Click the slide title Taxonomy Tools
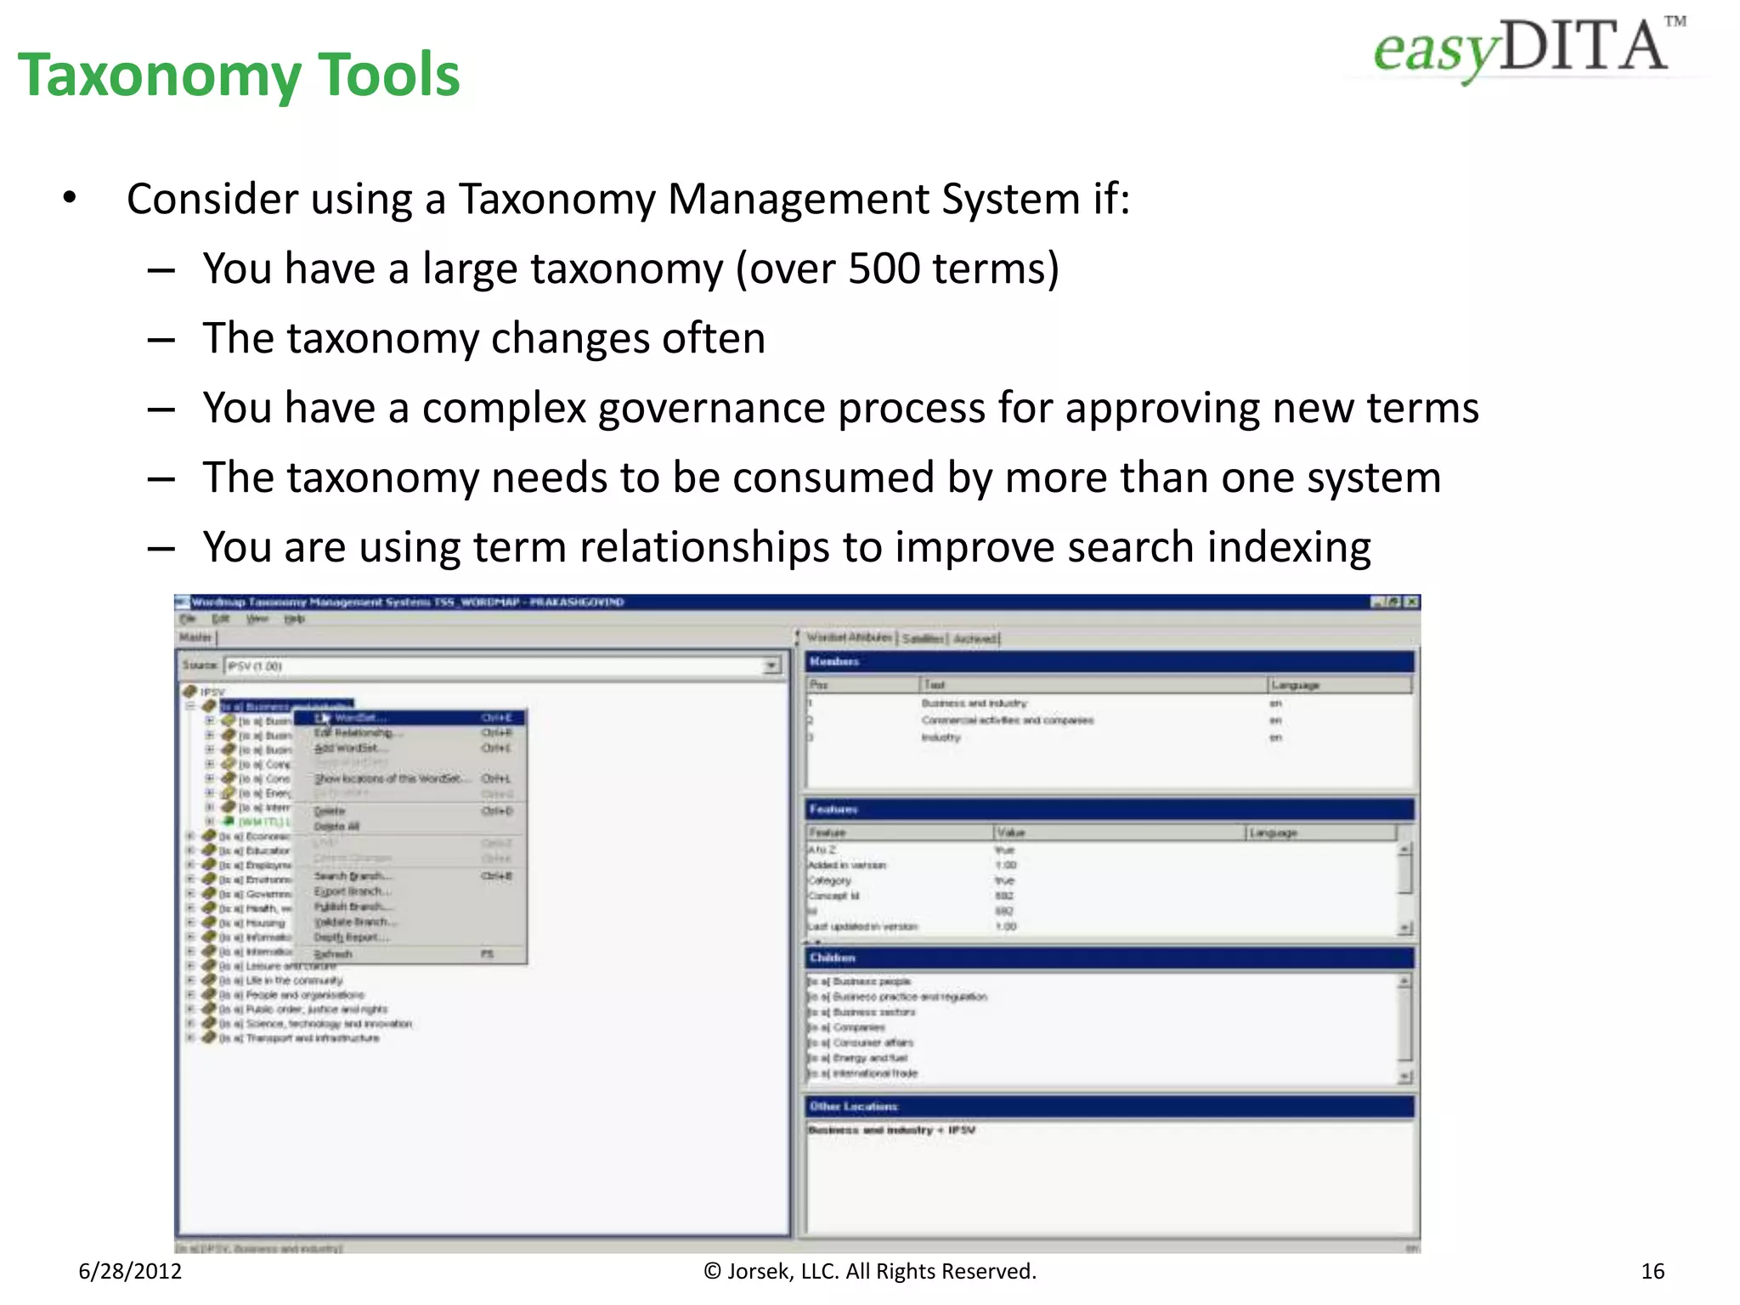[x=239, y=75]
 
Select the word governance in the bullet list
[x=710, y=408]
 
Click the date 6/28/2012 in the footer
[x=130, y=1271]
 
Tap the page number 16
[x=1652, y=1271]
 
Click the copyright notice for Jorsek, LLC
[x=870, y=1271]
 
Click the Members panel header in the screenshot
[x=1109, y=661]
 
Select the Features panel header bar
[x=1109, y=810]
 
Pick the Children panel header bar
[x=1109, y=958]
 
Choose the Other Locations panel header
[x=1109, y=1106]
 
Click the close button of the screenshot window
[x=1411, y=602]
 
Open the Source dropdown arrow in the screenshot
[x=771, y=665]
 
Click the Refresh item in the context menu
[x=333, y=954]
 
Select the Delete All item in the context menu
[x=337, y=826]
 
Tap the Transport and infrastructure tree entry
[x=312, y=1038]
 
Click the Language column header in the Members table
[x=1295, y=685]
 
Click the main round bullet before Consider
[x=70, y=199]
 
